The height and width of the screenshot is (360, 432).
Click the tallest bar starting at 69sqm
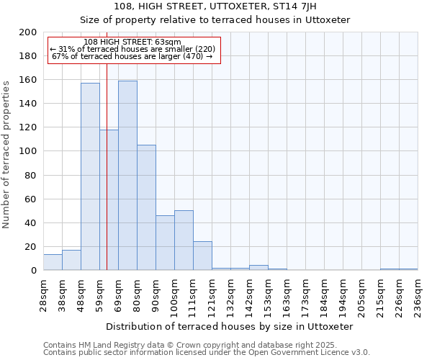click(127, 176)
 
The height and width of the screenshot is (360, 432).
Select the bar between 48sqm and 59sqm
click(90, 176)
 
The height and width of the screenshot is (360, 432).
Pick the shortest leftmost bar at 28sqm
click(53, 263)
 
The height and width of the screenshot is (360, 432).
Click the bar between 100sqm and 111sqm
click(184, 240)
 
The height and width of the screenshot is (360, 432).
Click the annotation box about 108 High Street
click(133, 50)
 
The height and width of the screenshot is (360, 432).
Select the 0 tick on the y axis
click(34, 271)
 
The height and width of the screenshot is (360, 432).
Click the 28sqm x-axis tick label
click(43, 293)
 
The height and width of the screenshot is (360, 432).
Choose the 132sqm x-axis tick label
click(230, 294)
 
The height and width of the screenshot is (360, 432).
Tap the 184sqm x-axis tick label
click(324, 294)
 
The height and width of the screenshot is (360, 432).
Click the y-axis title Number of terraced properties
click(6, 154)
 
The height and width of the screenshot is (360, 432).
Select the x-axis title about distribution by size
click(230, 326)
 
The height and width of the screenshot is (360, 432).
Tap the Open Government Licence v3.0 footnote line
click(207, 353)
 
